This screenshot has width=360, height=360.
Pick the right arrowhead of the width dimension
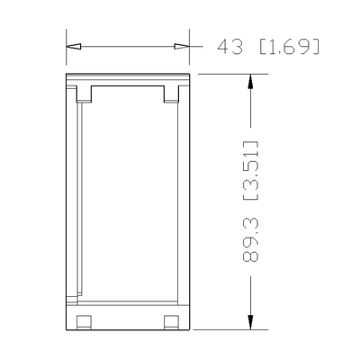pyautogui.click(x=182, y=44)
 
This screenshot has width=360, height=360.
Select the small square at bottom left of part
pyautogui.click(x=85, y=321)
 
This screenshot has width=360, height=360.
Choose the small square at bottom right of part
pyautogui.click(x=171, y=321)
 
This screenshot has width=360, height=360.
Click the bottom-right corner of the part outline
pyautogui.click(x=189, y=330)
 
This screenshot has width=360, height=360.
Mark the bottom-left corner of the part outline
pyautogui.click(x=67, y=330)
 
